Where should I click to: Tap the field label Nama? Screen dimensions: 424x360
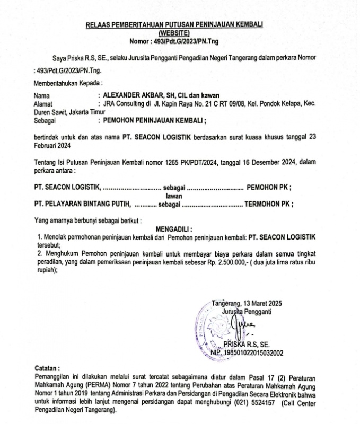coord(41,95)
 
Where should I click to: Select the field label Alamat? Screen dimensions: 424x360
coord(43,103)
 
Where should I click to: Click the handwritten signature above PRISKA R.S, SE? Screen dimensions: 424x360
coord(249,325)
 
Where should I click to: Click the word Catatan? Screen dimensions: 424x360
coord(47,367)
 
